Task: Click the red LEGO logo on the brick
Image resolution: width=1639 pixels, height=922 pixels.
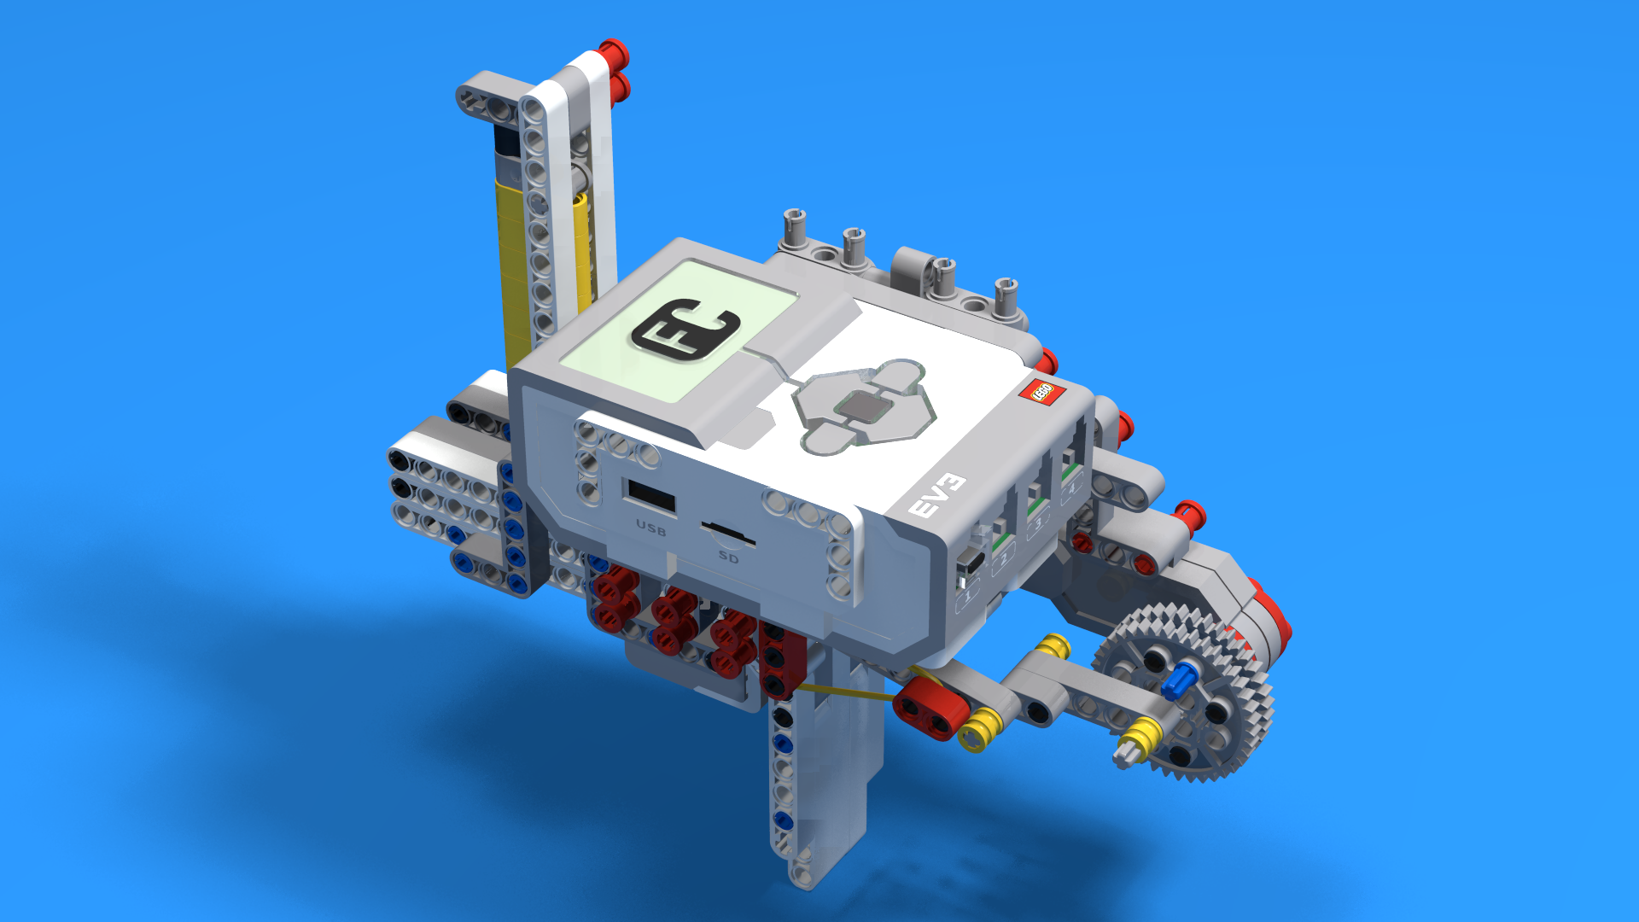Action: coord(1042,392)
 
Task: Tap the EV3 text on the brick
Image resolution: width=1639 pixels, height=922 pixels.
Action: coord(936,495)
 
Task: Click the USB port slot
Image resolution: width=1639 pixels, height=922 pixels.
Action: coord(651,497)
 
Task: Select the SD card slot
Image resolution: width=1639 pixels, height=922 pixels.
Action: coord(728,534)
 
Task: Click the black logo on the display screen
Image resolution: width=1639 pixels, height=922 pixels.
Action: coord(685,330)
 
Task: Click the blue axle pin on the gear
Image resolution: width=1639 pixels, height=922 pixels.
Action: coord(1178,680)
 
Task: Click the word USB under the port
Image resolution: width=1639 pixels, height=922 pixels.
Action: coord(651,528)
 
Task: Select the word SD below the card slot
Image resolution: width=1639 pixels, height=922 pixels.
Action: coord(728,557)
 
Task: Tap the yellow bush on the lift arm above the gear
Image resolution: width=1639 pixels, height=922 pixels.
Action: coord(1055,645)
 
